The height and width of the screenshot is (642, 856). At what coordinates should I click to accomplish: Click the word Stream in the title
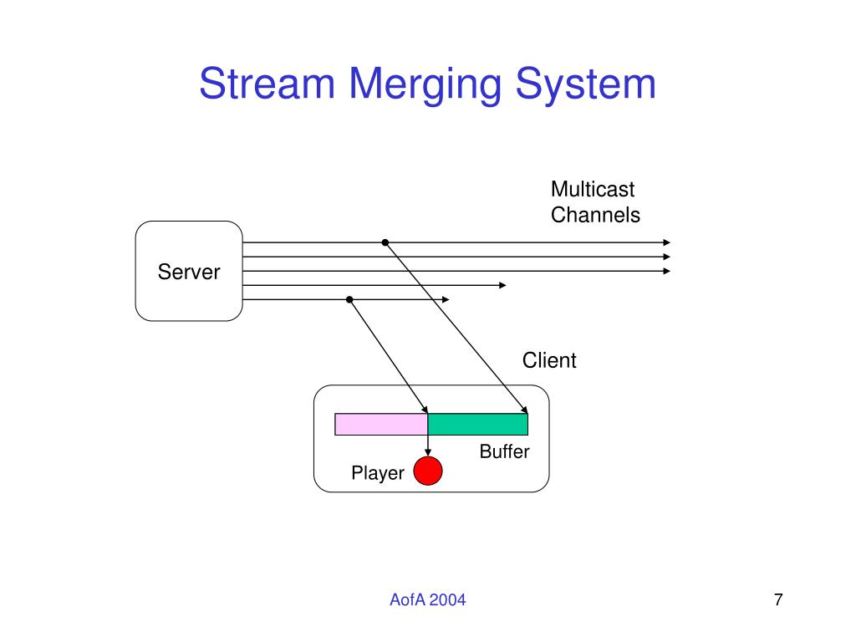[267, 84]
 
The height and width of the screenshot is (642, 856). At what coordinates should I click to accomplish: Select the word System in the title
[586, 86]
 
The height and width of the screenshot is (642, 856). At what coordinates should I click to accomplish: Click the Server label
[189, 272]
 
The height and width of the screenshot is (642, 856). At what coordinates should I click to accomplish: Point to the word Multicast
[593, 190]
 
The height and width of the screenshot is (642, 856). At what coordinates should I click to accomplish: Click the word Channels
[595, 215]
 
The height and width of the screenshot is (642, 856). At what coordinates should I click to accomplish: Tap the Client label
[549, 360]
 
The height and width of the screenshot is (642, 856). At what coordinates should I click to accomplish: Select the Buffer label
[504, 451]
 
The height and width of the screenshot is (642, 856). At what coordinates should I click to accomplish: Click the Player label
[378, 473]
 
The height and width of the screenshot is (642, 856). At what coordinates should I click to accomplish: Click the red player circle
[428, 471]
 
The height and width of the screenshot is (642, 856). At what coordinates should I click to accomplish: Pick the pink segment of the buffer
[381, 424]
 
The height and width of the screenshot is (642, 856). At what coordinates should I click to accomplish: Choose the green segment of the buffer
[477, 424]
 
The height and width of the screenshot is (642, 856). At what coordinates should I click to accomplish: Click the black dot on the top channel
[385, 242]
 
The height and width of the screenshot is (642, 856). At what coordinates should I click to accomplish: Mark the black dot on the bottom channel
[349, 300]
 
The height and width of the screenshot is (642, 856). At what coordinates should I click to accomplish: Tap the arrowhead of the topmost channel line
[666, 242]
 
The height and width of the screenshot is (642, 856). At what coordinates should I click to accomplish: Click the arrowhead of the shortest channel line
[446, 300]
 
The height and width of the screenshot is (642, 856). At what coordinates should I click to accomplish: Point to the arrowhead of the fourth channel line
[502, 286]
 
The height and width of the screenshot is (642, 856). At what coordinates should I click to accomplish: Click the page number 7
[778, 600]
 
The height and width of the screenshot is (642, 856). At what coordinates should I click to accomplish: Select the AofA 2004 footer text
[427, 600]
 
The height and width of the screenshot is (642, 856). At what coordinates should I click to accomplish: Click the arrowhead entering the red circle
[428, 452]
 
